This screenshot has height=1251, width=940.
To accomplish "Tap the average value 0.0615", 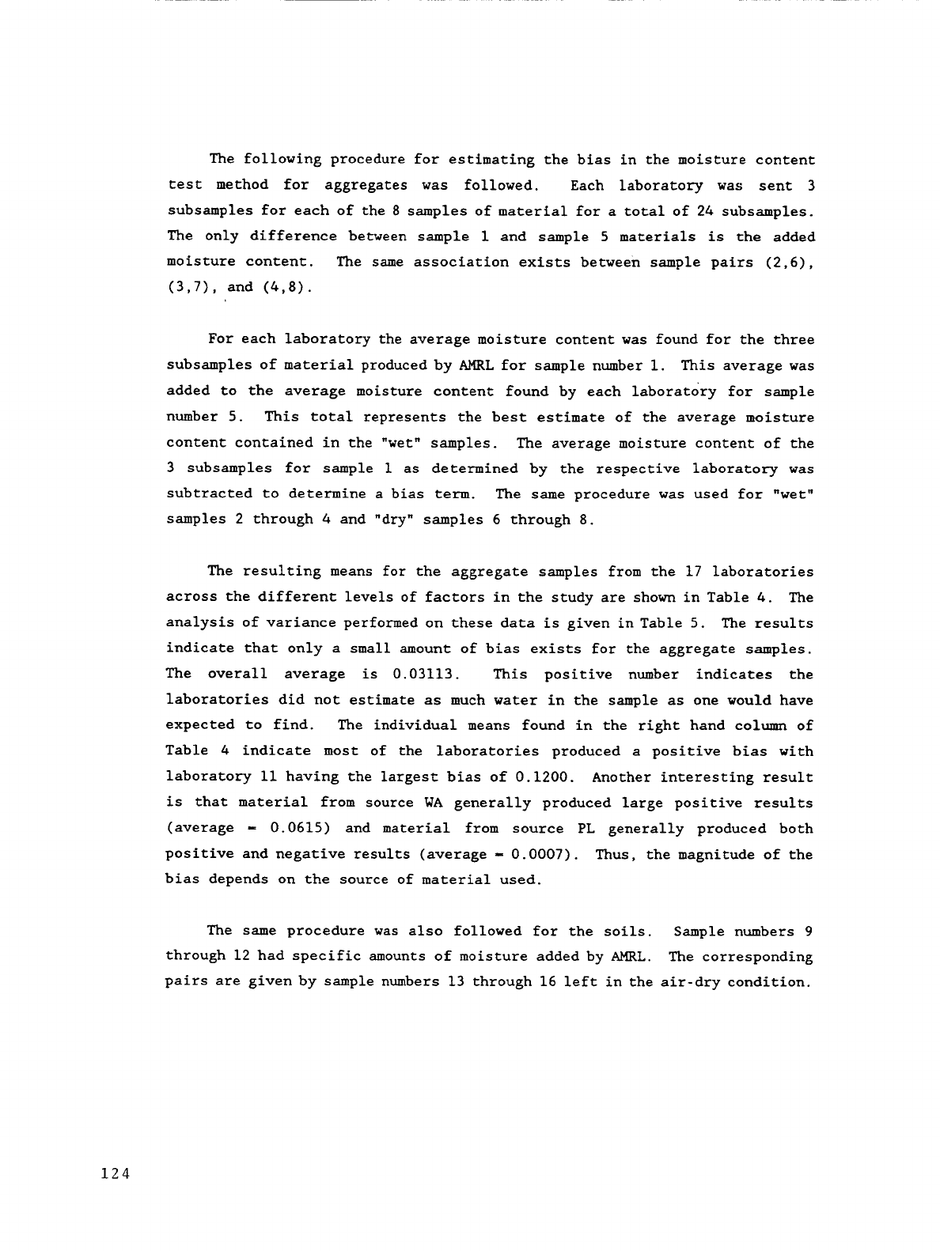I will pyautogui.click(x=293, y=829).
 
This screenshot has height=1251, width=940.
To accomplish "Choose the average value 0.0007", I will pyautogui.click(x=533, y=854).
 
